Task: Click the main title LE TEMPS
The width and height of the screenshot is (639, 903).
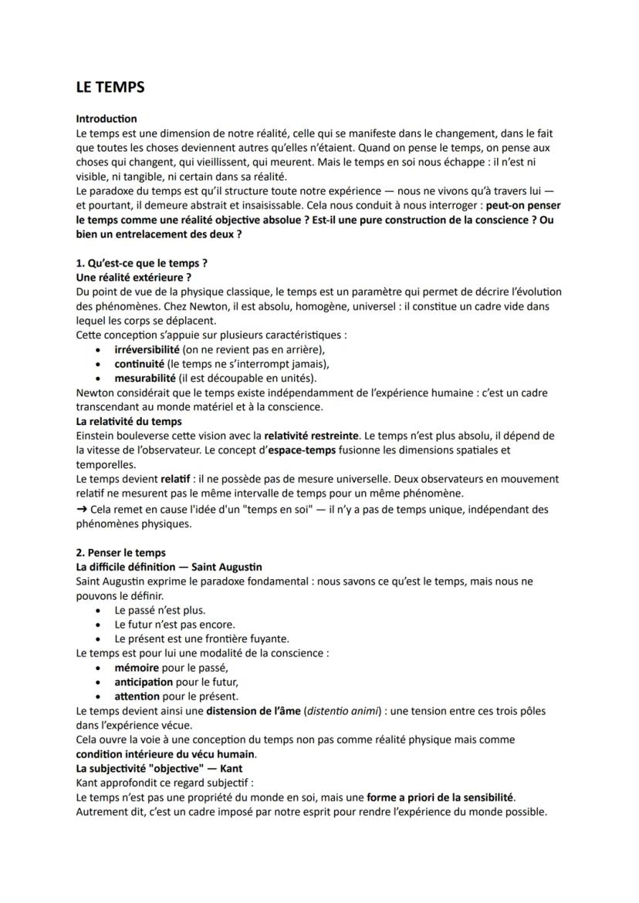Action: (x=110, y=87)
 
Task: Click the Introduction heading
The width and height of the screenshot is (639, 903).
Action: (x=106, y=119)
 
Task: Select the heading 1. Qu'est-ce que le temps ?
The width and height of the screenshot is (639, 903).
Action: (x=141, y=263)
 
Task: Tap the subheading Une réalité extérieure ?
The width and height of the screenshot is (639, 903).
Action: (x=133, y=277)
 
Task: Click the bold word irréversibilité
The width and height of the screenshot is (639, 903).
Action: (x=147, y=349)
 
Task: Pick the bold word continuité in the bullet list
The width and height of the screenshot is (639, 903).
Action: (x=140, y=364)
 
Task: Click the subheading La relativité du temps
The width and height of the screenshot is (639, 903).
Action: (x=129, y=421)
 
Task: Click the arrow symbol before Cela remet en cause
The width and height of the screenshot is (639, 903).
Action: (x=82, y=509)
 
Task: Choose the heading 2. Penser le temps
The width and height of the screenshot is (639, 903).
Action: (x=120, y=552)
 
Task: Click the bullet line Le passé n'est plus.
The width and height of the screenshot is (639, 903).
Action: (x=160, y=610)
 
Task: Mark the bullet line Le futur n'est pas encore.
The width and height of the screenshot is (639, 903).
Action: (x=174, y=625)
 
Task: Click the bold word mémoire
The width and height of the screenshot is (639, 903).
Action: (x=137, y=668)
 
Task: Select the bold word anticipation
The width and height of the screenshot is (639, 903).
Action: (x=144, y=682)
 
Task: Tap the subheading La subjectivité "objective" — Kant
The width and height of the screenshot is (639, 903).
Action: (x=159, y=769)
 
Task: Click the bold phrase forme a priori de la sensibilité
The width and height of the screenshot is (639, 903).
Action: (x=440, y=797)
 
